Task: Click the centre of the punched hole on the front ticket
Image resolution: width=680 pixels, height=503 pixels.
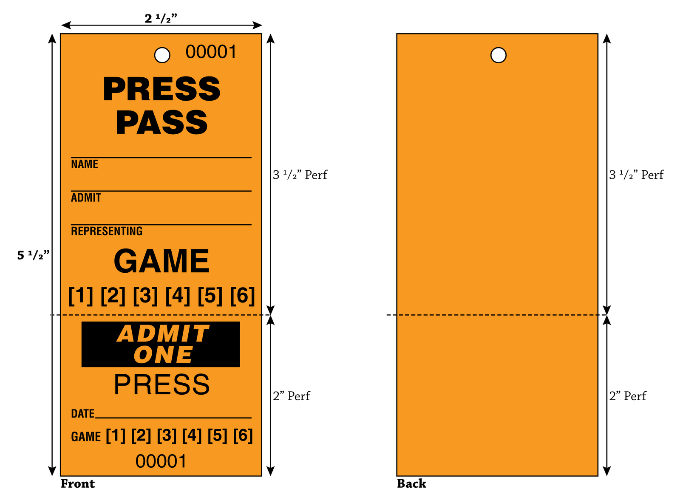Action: (162, 55)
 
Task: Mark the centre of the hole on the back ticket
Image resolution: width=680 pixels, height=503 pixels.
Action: (498, 55)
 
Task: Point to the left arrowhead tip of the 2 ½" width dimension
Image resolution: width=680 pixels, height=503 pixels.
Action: (62, 25)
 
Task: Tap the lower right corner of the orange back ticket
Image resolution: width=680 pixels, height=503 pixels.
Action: (598, 476)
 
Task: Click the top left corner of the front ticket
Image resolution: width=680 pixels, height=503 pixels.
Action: (60, 34)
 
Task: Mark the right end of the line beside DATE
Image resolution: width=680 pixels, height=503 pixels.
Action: (252, 418)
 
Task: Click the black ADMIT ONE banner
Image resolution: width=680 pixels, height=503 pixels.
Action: (160, 344)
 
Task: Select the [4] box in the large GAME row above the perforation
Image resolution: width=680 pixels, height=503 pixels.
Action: (178, 296)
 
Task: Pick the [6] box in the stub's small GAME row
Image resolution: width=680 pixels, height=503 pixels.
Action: (243, 435)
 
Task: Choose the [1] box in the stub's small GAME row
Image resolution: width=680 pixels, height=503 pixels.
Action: (116, 435)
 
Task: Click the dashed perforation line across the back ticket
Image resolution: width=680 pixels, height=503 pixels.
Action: (497, 315)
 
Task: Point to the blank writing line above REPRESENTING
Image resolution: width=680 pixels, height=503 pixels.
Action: (161, 225)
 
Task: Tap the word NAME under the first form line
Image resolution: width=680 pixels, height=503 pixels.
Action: (85, 164)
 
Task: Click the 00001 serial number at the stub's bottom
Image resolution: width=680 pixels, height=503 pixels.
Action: (161, 461)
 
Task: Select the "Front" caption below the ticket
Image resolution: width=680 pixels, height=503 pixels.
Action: (78, 484)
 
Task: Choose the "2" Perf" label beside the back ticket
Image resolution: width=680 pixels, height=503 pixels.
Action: (628, 396)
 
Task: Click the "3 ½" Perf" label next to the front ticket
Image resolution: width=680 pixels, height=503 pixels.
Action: (300, 175)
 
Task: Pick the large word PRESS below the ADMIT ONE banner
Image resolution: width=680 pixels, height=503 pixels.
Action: (162, 384)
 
